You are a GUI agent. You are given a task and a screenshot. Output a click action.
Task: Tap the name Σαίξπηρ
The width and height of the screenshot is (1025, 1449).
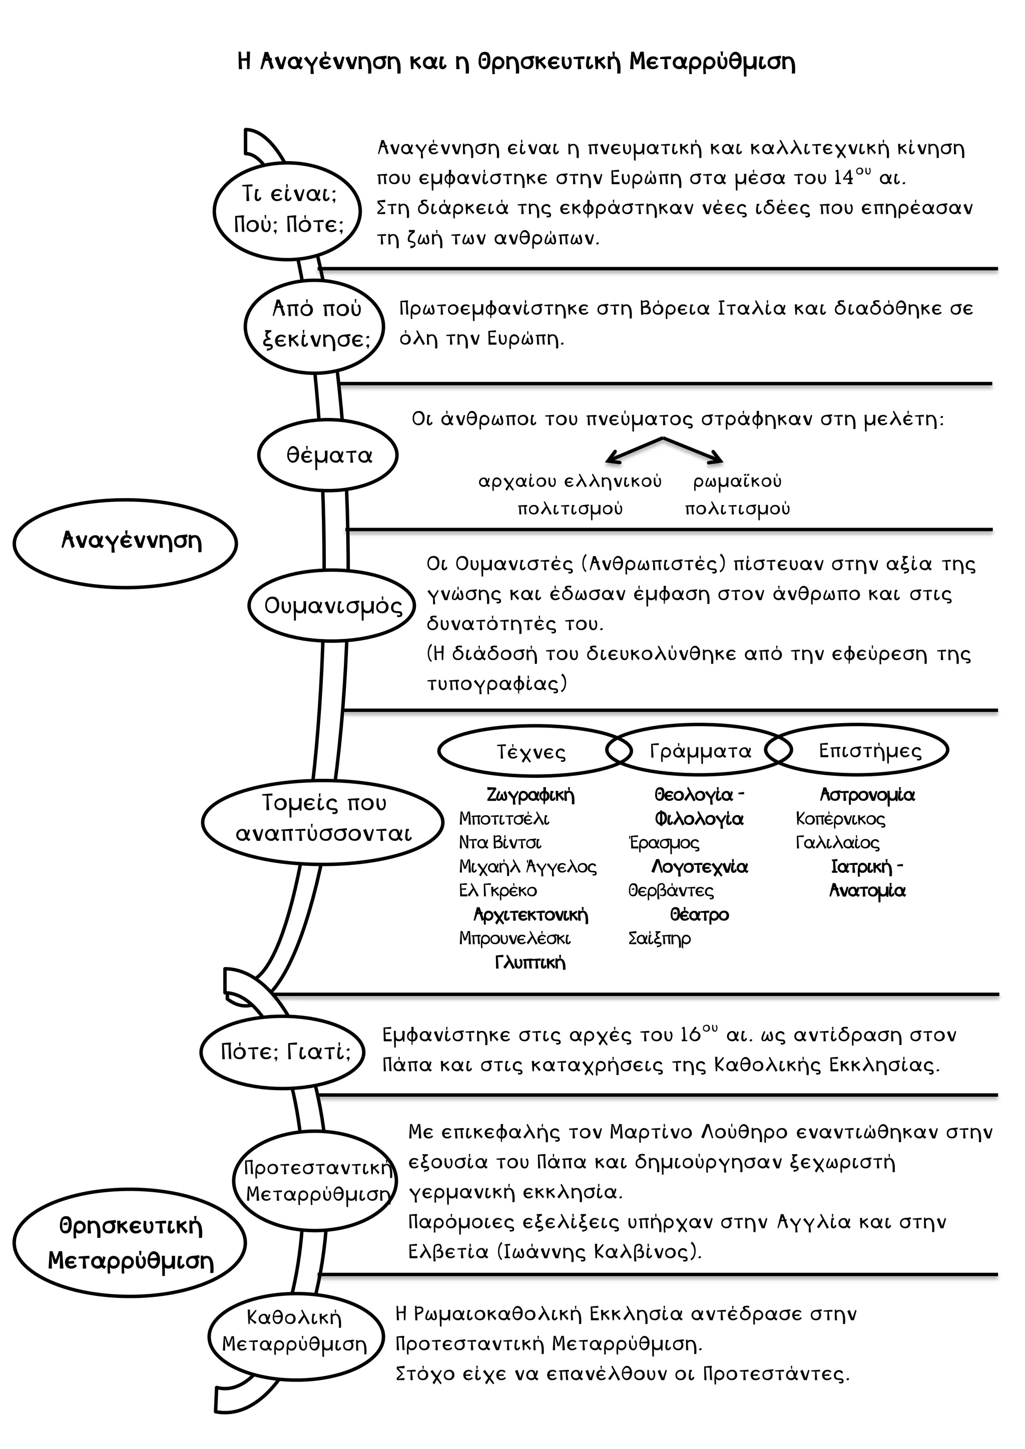coord(659,939)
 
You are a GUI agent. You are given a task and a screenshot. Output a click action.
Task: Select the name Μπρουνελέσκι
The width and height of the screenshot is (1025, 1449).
coord(515,938)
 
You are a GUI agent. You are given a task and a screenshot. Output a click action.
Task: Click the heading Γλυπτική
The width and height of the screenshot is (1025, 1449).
coord(530,962)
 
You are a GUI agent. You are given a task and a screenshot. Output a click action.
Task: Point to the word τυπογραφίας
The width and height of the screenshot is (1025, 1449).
coord(493,684)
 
